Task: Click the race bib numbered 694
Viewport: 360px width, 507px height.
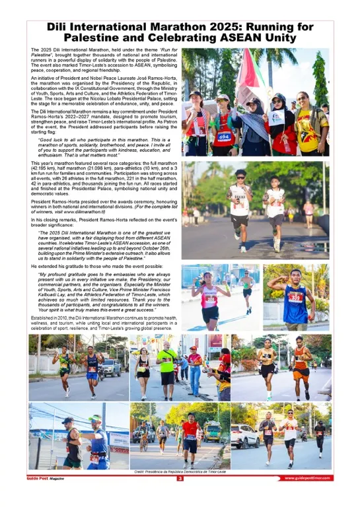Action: (224, 137)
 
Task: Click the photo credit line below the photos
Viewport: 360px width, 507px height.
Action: (179, 472)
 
